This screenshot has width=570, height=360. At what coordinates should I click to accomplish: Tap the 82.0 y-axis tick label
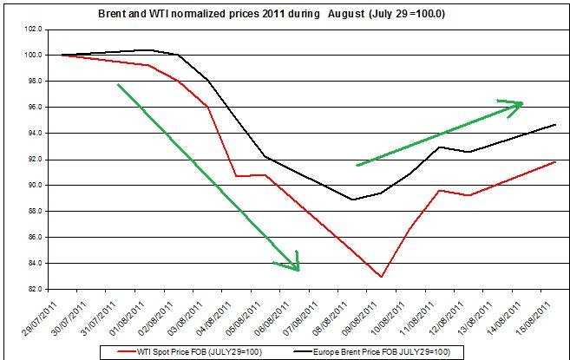click(x=38, y=289)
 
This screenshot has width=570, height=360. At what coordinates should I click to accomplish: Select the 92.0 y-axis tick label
click(x=38, y=159)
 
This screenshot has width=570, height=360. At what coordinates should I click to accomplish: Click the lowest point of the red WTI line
click(x=381, y=277)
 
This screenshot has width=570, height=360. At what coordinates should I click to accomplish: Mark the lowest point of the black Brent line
click(x=352, y=200)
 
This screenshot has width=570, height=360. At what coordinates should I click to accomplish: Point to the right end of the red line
click(x=555, y=161)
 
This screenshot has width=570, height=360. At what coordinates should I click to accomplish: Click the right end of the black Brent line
click(x=555, y=125)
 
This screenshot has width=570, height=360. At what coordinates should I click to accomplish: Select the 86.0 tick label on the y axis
click(x=38, y=237)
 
